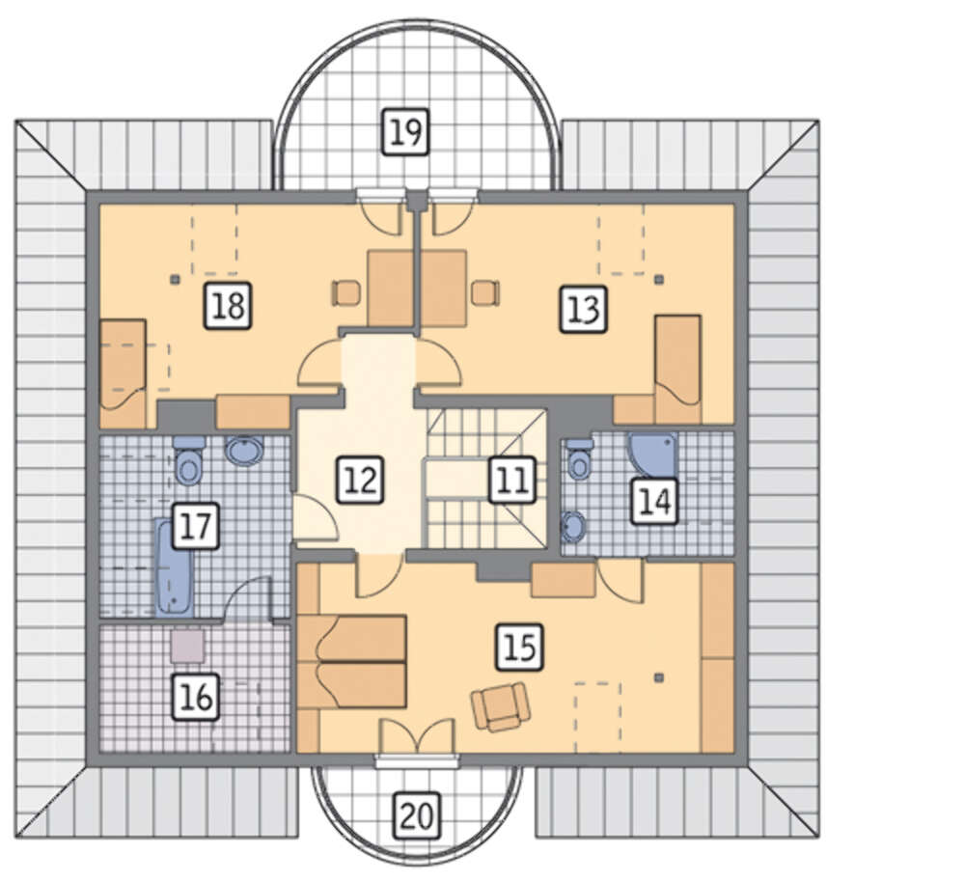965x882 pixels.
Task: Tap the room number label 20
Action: click(417, 816)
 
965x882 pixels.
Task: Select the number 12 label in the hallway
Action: click(360, 480)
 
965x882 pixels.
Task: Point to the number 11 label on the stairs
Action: click(512, 480)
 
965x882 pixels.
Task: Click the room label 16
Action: click(196, 698)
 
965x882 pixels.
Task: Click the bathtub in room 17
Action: click(174, 567)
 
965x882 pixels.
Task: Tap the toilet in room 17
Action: click(188, 460)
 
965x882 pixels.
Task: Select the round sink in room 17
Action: click(244, 451)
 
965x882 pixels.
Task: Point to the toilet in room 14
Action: click(579, 458)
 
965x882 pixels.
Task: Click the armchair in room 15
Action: click(501, 706)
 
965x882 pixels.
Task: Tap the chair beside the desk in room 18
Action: click(346, 292)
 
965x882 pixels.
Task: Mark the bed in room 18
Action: click(124, 373)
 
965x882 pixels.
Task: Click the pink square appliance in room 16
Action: click(187, 645)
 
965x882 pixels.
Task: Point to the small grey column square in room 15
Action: click(659, 677)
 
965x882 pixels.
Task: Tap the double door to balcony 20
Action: click(417, 736)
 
